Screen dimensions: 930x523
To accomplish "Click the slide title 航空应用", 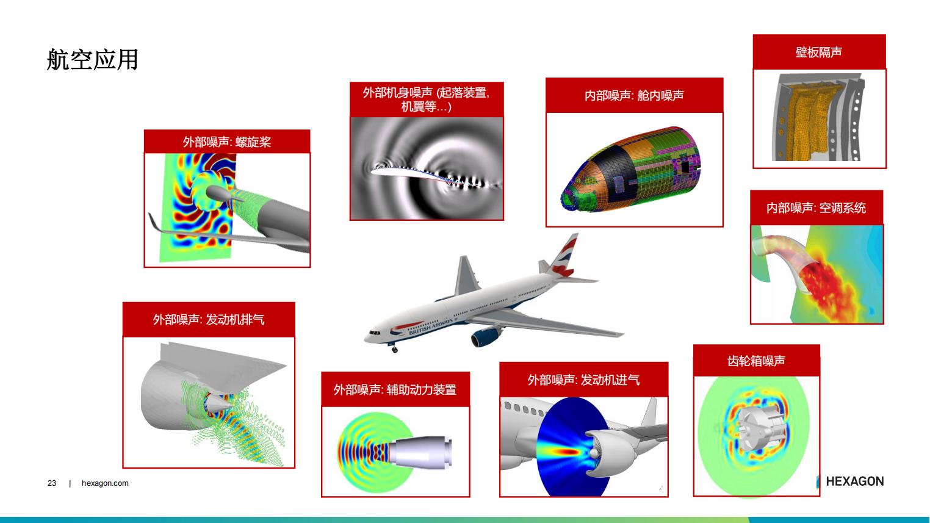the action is pyautogui.click(x=92, y=59).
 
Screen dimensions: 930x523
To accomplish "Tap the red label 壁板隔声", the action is pyautogui.click(x=819, y=52).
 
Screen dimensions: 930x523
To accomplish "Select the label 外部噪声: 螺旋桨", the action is pyautogui.click(x=226, y=142).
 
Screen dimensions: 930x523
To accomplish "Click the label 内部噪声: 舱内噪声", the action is pyautogui.click(x=634, y=95).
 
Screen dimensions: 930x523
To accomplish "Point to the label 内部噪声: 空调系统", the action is pyautogui.click(x=816, y=207).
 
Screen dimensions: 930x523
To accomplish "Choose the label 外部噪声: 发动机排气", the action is pyautogui.click(x=209, y=319).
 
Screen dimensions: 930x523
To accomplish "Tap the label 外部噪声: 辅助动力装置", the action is pyautogui.click(x=395, y=389).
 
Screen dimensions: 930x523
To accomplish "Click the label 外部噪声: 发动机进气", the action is pyautogui.click(x=583, y=380).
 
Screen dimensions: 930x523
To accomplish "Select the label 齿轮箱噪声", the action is pyautogui.click(x=756, y=360).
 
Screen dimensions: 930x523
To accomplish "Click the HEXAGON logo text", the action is pyautogui.click(x=854, y=481).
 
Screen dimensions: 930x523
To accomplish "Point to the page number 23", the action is pyautogui.click(x=52, y=483).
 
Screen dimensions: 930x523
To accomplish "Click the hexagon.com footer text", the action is pyautogui.click(x=105, y=483).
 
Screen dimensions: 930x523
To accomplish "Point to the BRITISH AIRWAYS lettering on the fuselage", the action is pyautogui.click(x=431, y=327).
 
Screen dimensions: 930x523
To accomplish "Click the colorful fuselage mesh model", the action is pyautogui.click(x=631, y=170).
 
